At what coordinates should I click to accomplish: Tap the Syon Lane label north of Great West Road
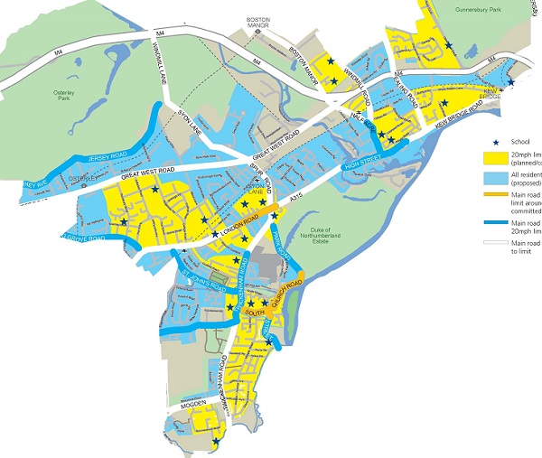(x=186, y=121)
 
